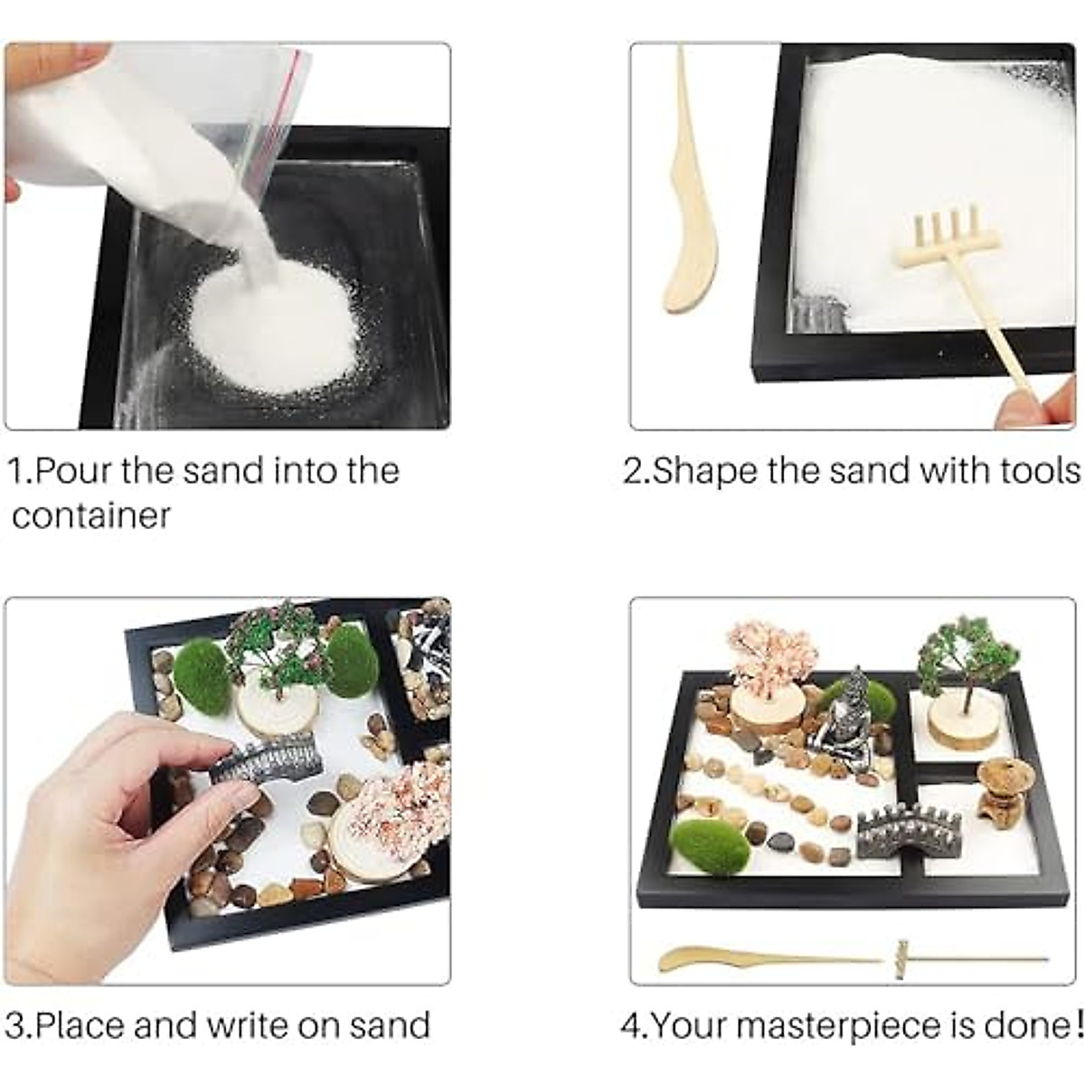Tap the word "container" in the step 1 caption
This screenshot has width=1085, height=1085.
click(x=90, y=516)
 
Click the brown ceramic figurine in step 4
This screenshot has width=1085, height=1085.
click(x=999, y=783)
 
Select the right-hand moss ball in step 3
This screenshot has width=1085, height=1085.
click(x=352, y=661)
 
